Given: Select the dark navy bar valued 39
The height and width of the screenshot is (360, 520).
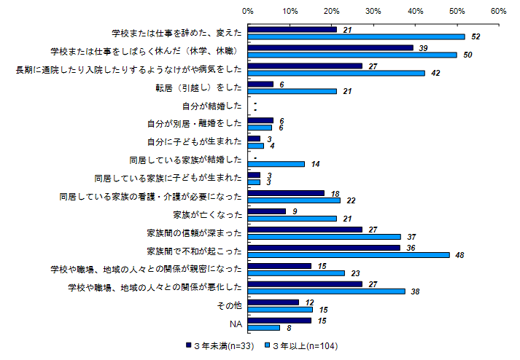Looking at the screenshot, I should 330,47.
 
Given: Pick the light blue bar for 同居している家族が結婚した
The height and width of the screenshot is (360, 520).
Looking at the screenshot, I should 277,164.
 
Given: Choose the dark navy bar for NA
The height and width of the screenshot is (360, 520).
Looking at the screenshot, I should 279,320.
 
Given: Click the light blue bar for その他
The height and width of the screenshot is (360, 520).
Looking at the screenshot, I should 279,309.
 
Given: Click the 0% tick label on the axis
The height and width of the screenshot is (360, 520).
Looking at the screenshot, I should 248,12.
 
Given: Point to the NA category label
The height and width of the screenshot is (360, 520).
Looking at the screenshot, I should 236,324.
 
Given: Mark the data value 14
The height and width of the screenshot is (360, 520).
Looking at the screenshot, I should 314,165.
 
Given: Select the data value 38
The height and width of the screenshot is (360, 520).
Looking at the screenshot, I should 416,291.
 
